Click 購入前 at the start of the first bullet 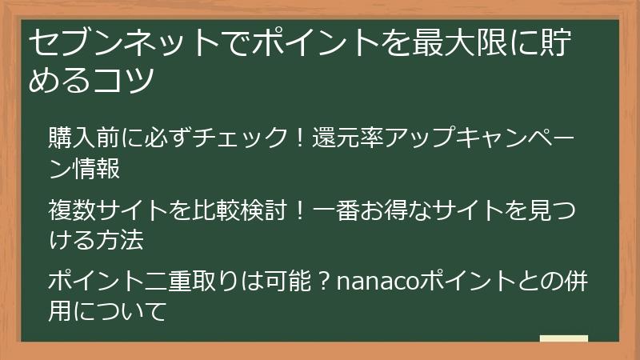[x=84, y=137]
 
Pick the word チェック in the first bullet [x=240, y=137]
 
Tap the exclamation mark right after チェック [x=300, y=137]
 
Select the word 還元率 [x=348, y=137]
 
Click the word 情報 [x=96, y=168]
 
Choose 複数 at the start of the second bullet [x=72, y=210]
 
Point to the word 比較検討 [x=239, y=210]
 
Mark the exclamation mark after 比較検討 [x=300, y=210]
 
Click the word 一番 [x=336, y=210]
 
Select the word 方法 [x=120, y=240]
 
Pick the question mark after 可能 [x=324, y=282]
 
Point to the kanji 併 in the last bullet [x=575, y=282]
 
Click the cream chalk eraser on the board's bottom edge [x=564, y=338]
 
